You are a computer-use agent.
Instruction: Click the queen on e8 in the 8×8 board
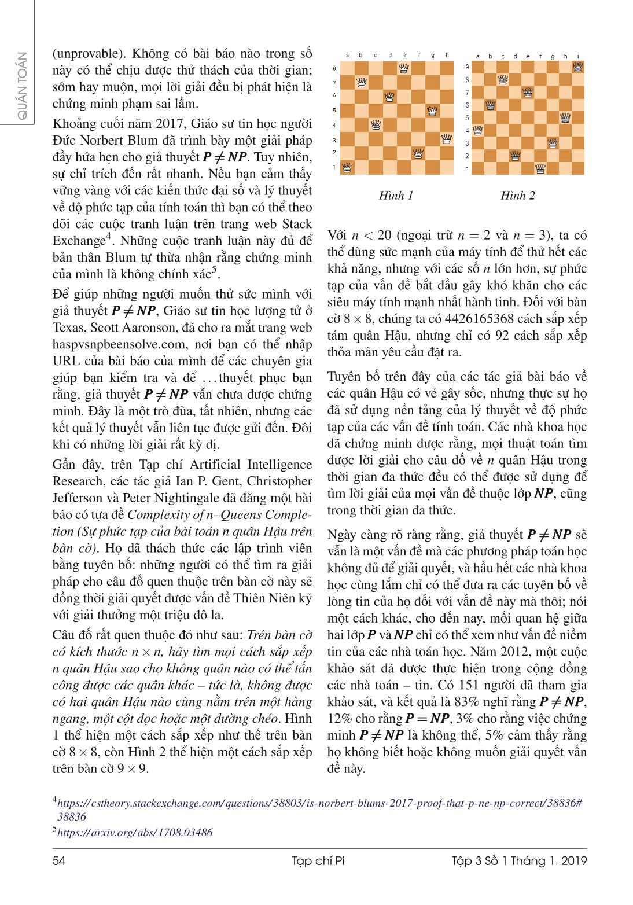[403, 69]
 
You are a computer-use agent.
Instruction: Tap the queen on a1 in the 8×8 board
[347, 168]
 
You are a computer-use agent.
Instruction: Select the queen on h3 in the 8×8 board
[446, 139]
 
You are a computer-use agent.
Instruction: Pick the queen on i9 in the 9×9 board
[577, 67]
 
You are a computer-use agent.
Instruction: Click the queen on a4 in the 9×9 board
[478, 130]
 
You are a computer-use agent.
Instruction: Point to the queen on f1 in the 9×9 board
[540, 168]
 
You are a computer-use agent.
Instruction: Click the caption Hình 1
[396, 196]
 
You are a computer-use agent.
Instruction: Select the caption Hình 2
[517, 196]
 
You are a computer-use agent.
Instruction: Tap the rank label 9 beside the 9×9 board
[468, 67]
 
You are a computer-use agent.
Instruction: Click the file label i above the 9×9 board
[578, 56]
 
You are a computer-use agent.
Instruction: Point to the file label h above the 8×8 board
[447, 56]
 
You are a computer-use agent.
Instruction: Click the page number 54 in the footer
[58, 860]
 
